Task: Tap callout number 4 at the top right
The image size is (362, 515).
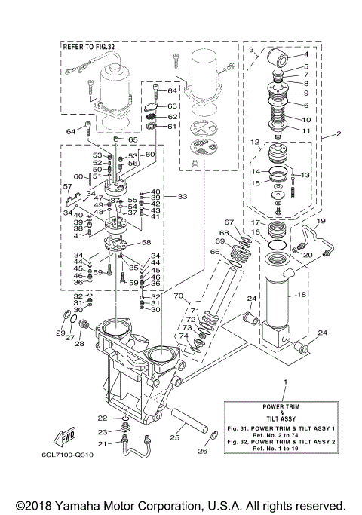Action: tap(306, 55)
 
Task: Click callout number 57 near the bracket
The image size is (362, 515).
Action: tap(68, 186)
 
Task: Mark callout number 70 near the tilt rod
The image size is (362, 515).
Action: tap(179, 296)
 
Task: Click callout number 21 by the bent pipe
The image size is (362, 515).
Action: tap(103, 444)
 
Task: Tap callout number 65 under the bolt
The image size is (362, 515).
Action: tap(133, 140)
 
